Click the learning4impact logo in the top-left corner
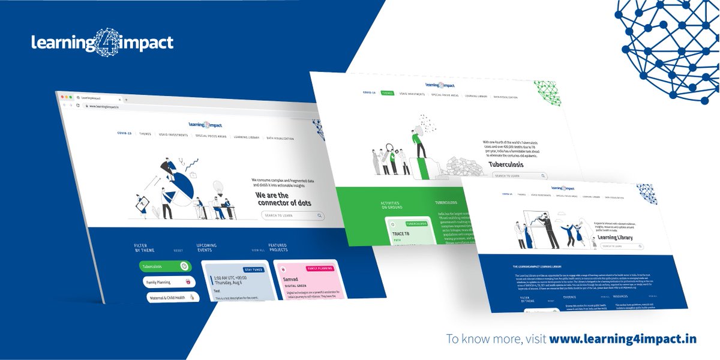pyautogui.click(x=103, y=43)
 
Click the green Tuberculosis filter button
pyautogui.click(x=165, y=266)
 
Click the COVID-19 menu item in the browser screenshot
pyautogui.click(x=124, y=133)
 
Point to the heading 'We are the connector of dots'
pyautogui.click(x=281, y=199)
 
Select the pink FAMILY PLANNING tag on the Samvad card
pyautogui.click(x=320, y=269)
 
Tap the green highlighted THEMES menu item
pyautogui.click(x=387, y=94)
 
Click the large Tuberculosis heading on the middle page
pyautogui.click(x=506, y=164)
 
